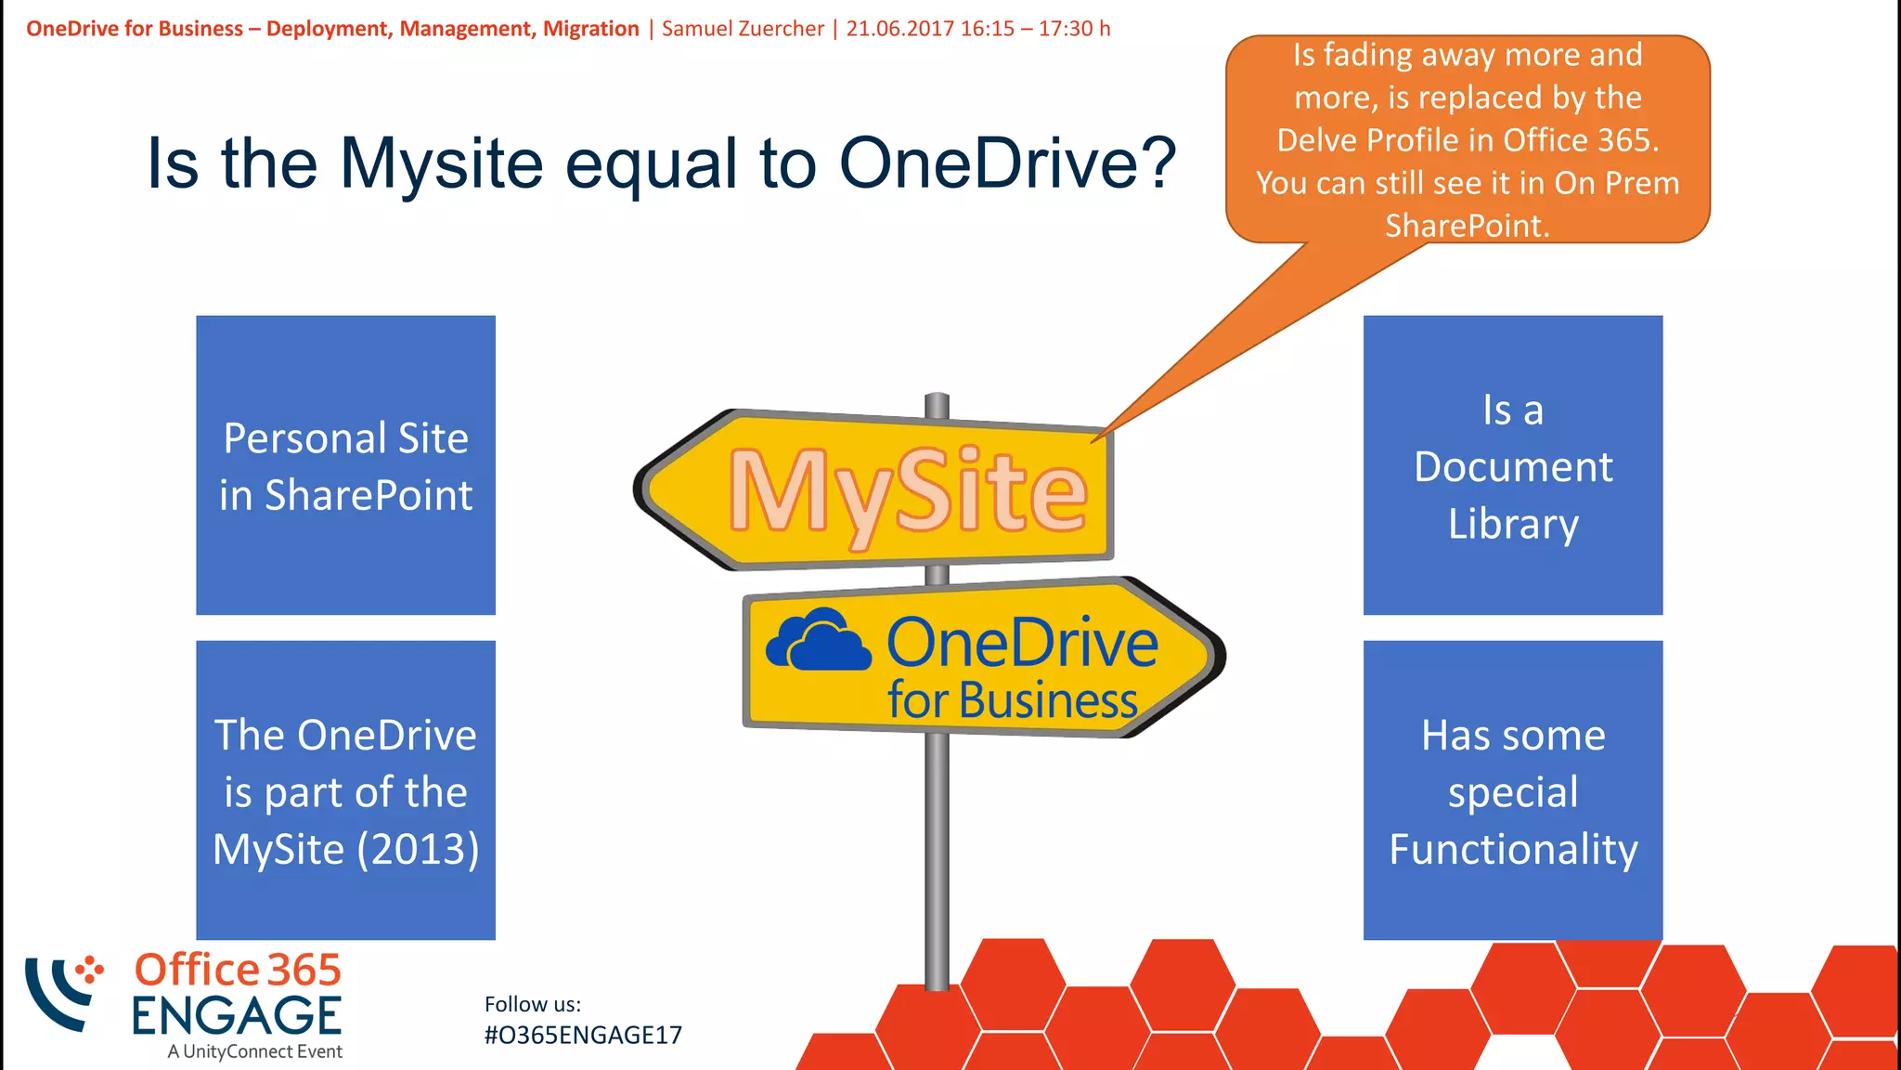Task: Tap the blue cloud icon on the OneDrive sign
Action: pos(818,640)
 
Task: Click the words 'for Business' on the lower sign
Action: pos(1012,700)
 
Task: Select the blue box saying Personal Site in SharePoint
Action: pos(345,465)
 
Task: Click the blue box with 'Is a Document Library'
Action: pos(1512,465)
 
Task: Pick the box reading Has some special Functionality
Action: pos(1512,790)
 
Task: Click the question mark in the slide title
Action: pos(1156,163)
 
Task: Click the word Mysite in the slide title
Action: pos(441,163)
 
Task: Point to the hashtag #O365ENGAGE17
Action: pos(583,1035)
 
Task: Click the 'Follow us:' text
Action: pos(533,1004)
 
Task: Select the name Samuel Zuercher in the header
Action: pos(743,29)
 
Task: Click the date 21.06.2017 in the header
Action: pos(899,29)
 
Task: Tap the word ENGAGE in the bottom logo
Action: pos(237,1016)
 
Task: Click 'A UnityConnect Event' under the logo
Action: pos(255,1051)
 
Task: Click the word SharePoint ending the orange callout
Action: pos(1467,226)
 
